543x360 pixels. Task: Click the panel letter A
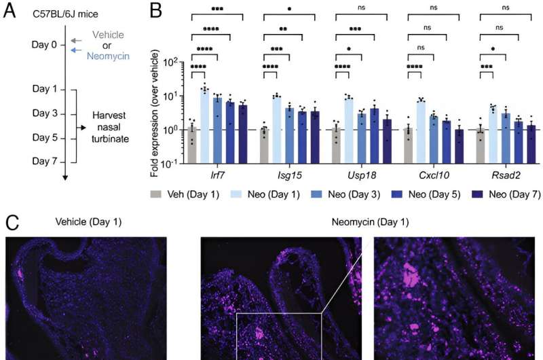[x=10, y=10]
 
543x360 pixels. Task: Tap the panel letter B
[x=156, y=10]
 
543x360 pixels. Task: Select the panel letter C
[x=10, y=222]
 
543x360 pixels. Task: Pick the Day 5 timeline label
[x=44, y=137]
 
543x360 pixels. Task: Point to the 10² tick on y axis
[x=172, y=62]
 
